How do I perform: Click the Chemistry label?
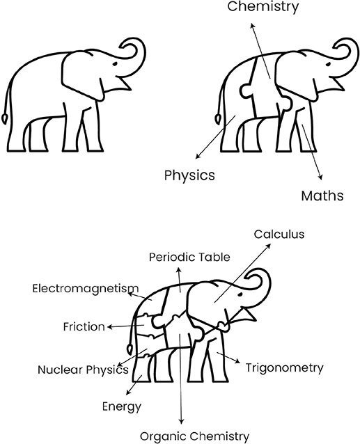(263, 7)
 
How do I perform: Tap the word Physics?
(189, 175)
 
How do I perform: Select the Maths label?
(322, 196)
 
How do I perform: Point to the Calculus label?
(279, 234)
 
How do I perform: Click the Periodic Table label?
(189, 257)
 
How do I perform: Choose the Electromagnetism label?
(86, 289)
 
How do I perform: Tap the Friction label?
(84, 326)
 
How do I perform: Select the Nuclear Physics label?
(83, 370)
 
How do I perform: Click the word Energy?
(122, 406)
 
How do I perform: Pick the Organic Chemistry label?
(194, 436)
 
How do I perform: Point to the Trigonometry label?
(284, 368)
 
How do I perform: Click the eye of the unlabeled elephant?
(115, 64)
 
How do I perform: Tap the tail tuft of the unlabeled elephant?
(5, 118)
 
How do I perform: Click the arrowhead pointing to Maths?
(320, 177)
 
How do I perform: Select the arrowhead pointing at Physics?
(198, 156)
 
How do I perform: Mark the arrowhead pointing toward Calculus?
(268, 246)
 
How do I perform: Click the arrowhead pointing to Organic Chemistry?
(181, 421)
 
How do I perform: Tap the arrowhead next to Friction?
(110, 327)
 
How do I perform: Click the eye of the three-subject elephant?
(328, 64)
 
